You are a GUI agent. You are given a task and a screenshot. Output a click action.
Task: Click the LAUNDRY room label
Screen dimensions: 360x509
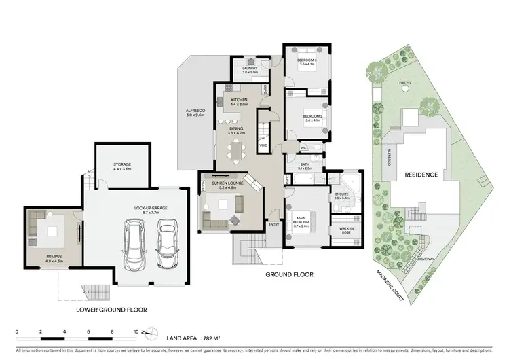tap(244, 67)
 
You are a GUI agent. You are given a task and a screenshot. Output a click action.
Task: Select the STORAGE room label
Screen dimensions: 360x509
tap(122, 166)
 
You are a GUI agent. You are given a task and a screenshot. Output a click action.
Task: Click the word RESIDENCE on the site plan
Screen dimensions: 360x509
tap(421, 175)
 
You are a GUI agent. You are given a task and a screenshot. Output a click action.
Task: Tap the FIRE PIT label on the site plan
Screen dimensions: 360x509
tap(405, 82)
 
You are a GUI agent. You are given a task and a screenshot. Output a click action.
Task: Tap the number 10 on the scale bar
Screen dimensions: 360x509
tap(136, 331)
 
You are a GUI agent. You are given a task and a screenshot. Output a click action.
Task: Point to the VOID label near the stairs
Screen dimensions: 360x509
tap(263, 145)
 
